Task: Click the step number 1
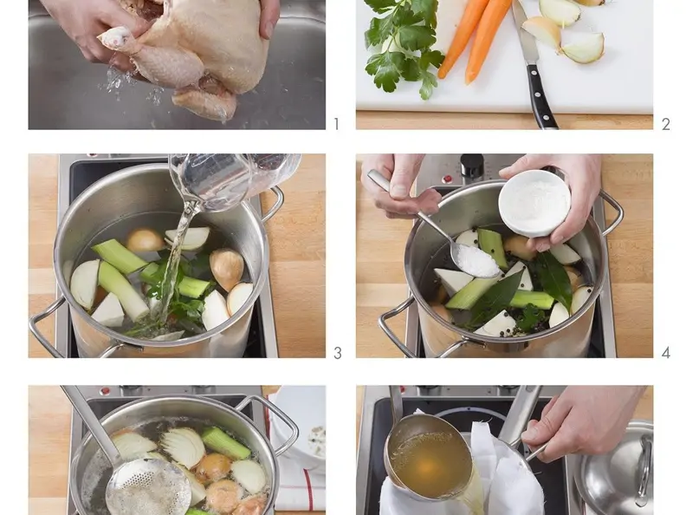click(x=336, y=124)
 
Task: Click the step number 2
click(x=666, y=124)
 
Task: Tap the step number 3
click(x=337, y=353)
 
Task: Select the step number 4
click(x=666, y=353)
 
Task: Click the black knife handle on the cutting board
click(x=541, y=97)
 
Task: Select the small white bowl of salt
click(x=534, y=203)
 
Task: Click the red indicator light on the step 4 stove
click(x=448, y=179)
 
